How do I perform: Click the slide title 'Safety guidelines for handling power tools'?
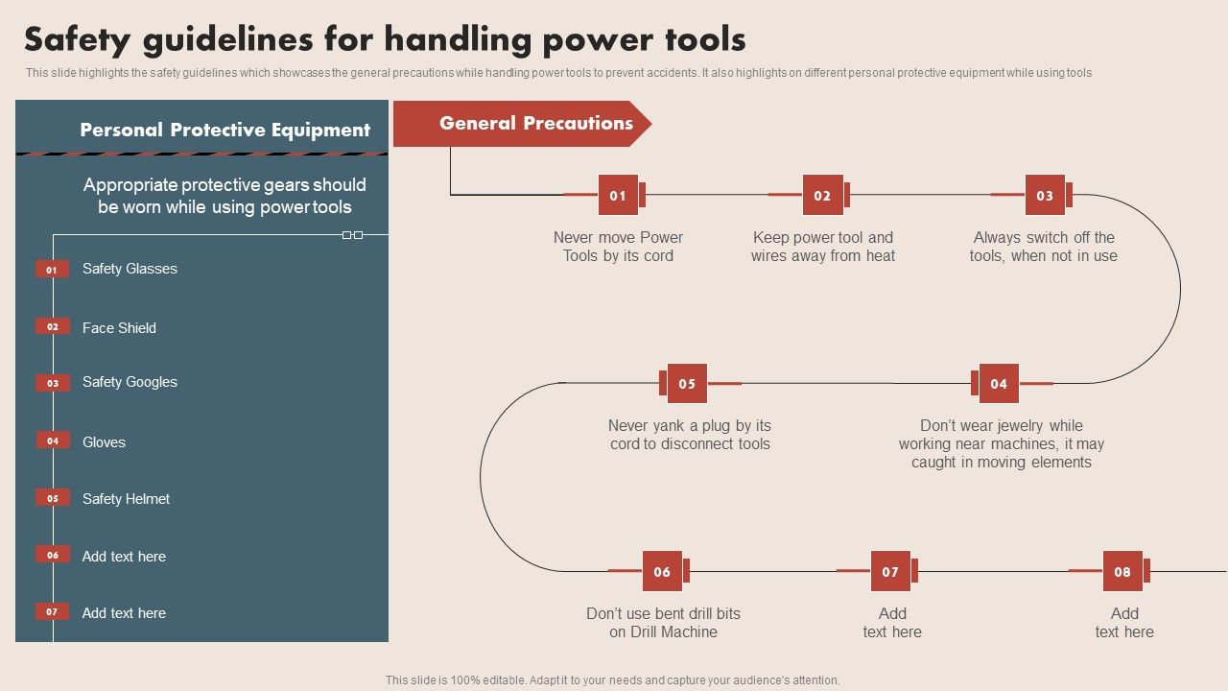385,39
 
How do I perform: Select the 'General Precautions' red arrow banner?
523,124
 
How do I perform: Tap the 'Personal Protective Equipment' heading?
224,130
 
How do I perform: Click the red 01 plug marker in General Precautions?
618,195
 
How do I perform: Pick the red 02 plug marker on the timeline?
822,195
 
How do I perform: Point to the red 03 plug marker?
1045,195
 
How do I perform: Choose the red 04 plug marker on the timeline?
999,384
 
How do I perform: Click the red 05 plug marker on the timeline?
687,384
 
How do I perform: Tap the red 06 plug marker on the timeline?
662,571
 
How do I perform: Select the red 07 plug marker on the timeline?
890,571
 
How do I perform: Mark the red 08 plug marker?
1122,571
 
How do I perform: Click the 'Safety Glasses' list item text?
130,269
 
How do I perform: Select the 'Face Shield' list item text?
119,328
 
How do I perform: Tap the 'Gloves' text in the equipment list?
104,442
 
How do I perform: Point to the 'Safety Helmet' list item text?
126,499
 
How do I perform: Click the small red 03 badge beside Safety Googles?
53,383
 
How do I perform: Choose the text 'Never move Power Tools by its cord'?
618,247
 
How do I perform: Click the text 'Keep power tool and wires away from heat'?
822,247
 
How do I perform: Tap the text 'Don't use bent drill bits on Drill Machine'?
663,623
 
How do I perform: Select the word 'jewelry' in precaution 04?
1016,425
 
